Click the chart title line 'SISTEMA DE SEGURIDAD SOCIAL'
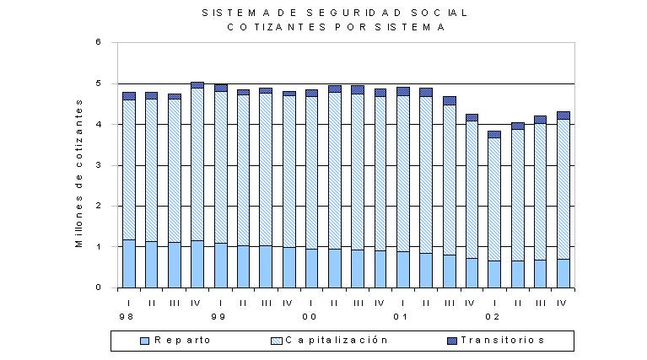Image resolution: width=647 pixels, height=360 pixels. point(335,13)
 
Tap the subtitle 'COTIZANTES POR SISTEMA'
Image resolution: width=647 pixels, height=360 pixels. point(336,27)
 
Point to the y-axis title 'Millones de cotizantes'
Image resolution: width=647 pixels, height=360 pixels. point(78,173)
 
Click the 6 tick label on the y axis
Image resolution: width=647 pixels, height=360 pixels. point(98,42)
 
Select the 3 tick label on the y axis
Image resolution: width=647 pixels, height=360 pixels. point(98,165)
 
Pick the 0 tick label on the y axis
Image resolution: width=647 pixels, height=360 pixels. point(98,287)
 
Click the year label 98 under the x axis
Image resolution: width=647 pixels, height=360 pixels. point(127,317)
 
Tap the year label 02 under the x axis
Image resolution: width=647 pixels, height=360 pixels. point(493,317)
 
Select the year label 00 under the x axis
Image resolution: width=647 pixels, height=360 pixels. point(310,317)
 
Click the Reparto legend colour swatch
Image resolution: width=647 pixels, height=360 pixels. point(145,341)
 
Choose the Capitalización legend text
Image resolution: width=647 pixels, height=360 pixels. point(337,341)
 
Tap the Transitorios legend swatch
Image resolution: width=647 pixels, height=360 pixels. point(452,341)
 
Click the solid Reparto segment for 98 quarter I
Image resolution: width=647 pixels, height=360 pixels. point(129,264)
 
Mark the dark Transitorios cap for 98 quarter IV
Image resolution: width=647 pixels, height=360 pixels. point(197,85)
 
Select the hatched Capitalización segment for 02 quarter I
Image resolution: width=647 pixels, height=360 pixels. point(494,199)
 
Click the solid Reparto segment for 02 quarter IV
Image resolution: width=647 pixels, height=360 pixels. point(563,273)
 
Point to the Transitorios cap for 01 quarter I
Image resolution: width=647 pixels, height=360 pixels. point(403,92)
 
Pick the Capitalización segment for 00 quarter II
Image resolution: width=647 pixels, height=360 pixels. point(335,170)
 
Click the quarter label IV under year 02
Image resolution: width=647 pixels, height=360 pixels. point(562,304)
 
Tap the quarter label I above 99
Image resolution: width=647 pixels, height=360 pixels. point(221,304)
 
